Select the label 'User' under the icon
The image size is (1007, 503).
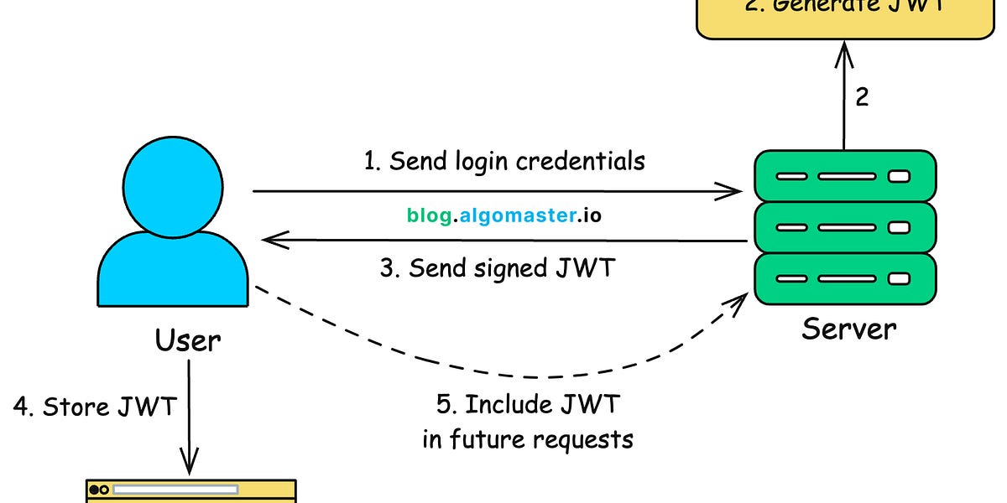(188, 340)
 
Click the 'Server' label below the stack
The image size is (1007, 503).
(848, 328)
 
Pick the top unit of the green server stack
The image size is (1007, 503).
(844, 177)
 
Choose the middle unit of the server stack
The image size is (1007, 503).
(844, 227)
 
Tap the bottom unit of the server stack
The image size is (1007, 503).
(844, 278)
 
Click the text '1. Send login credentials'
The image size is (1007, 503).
(504, 160)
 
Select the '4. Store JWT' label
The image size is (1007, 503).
(95, 407)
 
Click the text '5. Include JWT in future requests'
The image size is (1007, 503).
(528, 422)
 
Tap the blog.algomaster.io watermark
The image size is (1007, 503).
(504, 215)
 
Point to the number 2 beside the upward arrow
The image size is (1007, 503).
(862, 97)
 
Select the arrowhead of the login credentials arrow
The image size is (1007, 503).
(730, 192)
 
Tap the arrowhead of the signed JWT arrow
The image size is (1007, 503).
(272, 241)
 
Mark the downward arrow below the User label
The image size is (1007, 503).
(190, 419)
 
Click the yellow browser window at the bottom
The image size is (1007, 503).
(191, 491)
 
